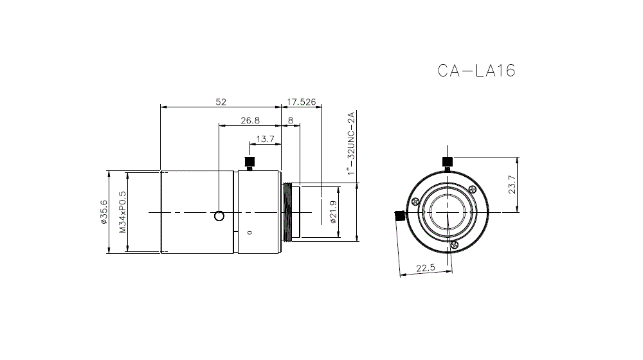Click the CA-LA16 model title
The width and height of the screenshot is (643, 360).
click(x=476, y=70)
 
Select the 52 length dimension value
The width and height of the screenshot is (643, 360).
click(x=221, y=102)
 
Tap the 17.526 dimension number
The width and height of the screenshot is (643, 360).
click(x=302, y=102)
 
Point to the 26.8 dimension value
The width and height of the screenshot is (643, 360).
click(x=250, y=120)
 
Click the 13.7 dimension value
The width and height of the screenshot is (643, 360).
click(x=265, y=139)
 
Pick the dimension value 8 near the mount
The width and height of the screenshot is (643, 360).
click(x=291, y=120)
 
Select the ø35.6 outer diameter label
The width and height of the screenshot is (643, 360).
click(x=103, y=212)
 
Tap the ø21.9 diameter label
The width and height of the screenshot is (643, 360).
click(x=333, y=212)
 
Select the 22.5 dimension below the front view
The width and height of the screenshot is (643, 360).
click(x=425, y=268)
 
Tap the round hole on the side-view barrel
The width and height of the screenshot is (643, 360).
click(x=220, y=215)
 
